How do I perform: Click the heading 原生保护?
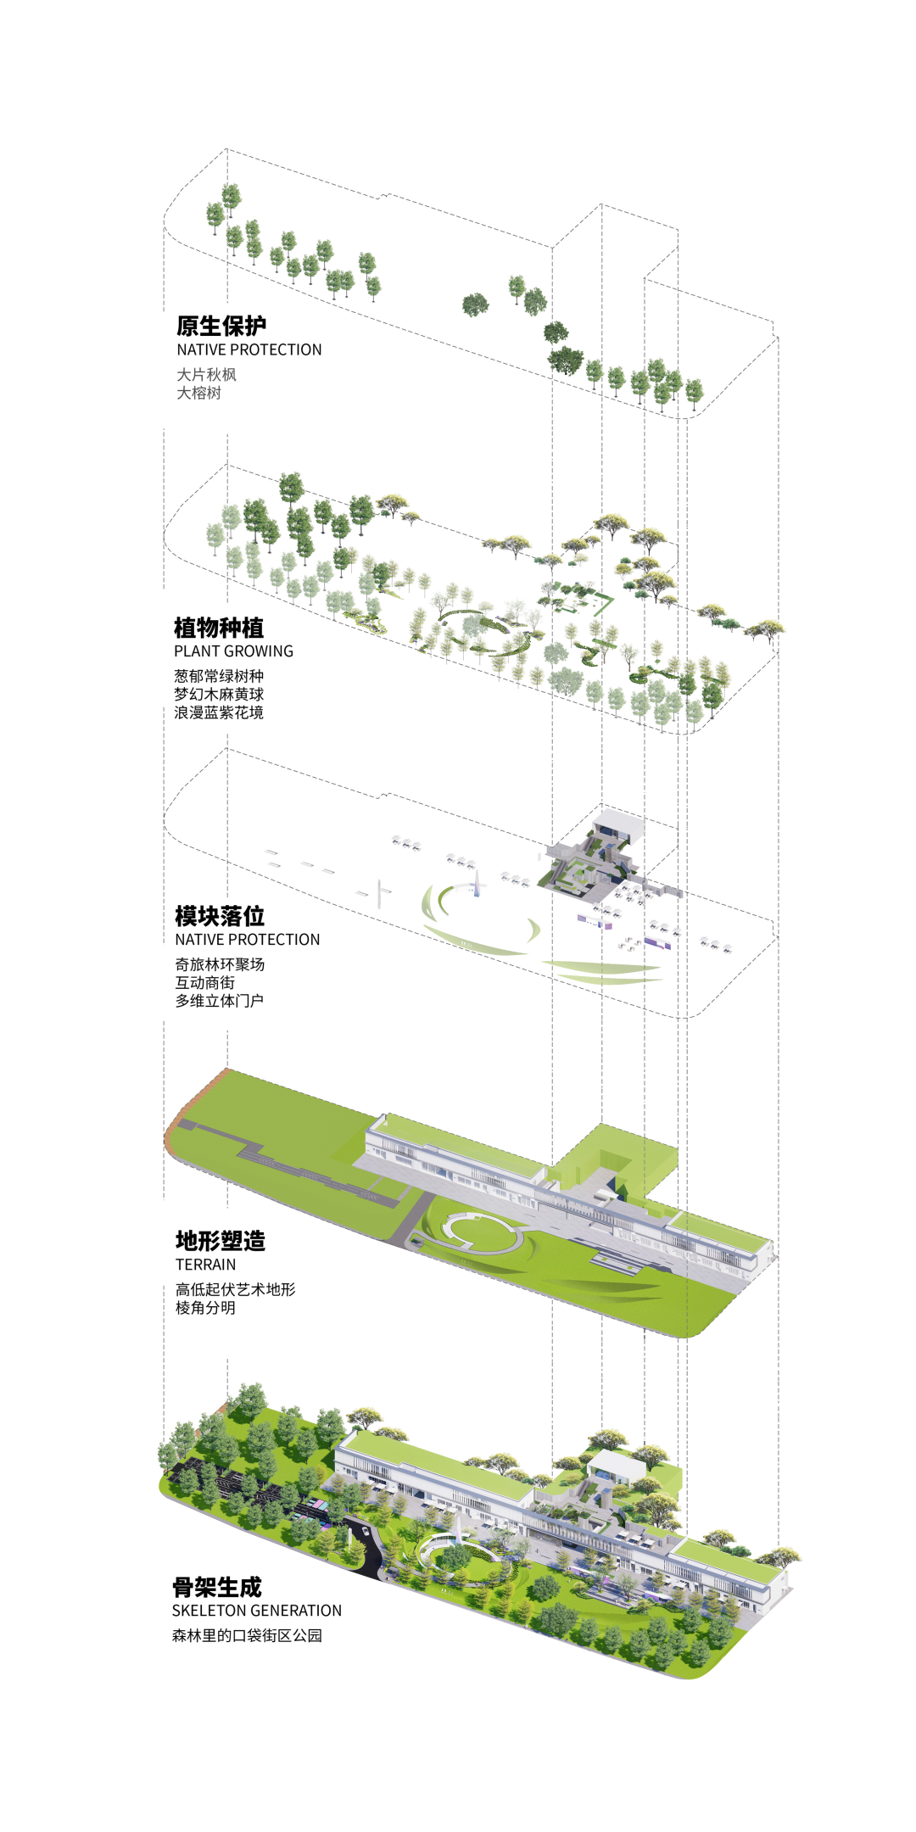(x=221, y=326)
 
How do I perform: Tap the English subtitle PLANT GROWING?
(x=233, y=651)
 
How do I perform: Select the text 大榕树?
(x=198, y=393)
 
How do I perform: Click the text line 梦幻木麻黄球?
(x=219, y=694)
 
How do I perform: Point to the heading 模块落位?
(x=220, y=916)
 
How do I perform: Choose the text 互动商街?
(x=204, y=982)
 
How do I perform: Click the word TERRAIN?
(x=205, y=1265)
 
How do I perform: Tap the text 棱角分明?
(x=205, y=1308)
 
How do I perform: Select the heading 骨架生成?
(x=217, y=1587)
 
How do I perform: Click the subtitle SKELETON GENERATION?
(x=256, y=1611)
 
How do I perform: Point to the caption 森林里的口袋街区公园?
(x=247, y=1635)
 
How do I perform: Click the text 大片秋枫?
(x=206, y=374)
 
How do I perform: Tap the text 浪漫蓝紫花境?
(x=219, y=712)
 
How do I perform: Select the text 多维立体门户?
(x=219, y=1001)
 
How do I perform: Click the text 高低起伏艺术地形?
(x=235, y=1289)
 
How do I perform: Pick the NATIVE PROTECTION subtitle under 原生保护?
(x=249, y=349)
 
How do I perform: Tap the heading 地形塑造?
(x=221, y=1241)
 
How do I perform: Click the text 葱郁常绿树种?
(x=219, y=676)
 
